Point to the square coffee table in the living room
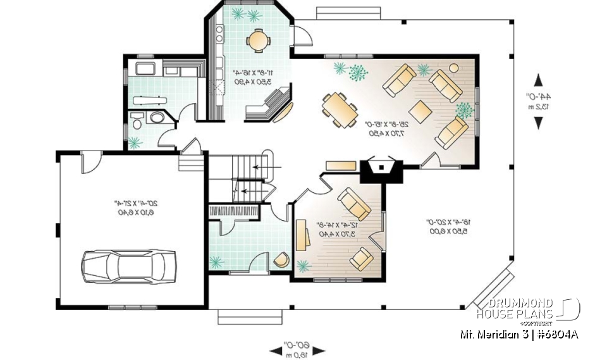click(x=422, y=111)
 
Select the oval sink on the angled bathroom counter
click(x=156, y=118)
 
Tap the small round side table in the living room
click(x=453, y=66)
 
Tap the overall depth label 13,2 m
click(x=539, y=106)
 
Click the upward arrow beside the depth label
click(x=539, y=80)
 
